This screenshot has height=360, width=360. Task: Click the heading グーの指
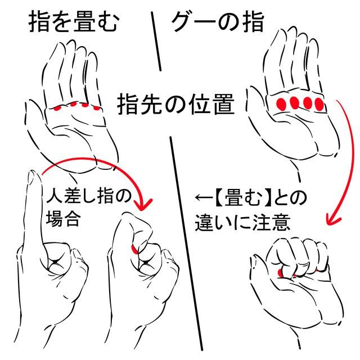pyautogui.click(x=218, y=22)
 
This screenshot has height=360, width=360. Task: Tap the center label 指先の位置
pyautogui.click(x=176, y=105)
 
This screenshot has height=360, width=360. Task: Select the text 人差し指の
pyautogui.click(x=89, y=196)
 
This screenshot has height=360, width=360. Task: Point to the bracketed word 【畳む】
pyautogui.click(x=244, y=199)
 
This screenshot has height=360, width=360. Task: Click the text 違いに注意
pyautogui.click(x=242, y=222)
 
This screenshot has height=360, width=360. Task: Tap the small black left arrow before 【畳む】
pyautogui.click(x=204, y=197)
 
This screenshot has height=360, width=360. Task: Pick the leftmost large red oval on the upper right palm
pyautogui.click(x=281, y=104)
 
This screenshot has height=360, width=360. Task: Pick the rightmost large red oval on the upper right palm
pyautogui.click(x=319, y=104)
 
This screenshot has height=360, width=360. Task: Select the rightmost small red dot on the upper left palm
pyautogui.click(x=97, y=108)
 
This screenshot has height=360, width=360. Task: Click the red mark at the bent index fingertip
pyautogui.click(x=134, y=249)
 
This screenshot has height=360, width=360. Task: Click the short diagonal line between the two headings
pyautogui.click(x=156, y=41)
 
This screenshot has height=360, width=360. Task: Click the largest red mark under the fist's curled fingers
pyautogui.click(x=280, y=273)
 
